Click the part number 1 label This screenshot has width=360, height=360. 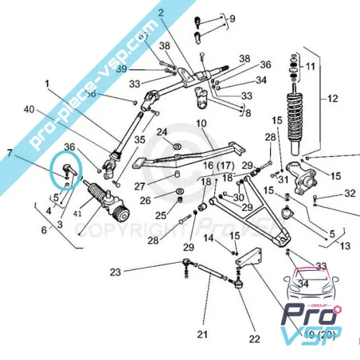point(47,84)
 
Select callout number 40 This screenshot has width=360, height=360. point(29,109)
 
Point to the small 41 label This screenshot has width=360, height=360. point(78,213)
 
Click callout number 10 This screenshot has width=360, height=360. point(201,123)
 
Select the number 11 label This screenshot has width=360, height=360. point(311,66)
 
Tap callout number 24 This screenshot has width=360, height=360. point(162,132)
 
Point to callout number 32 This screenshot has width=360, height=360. point(350,194)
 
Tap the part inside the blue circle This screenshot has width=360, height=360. point(67,168)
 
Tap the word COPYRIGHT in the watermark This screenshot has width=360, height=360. point(119,231)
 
